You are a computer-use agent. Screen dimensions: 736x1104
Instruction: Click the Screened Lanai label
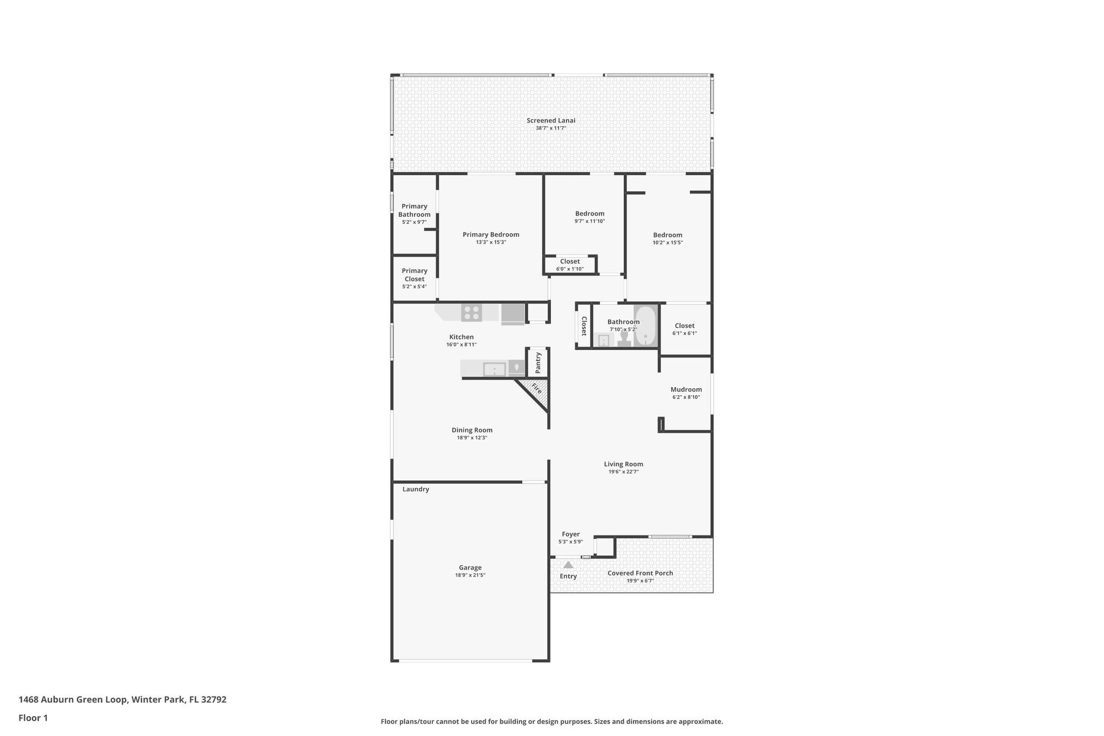click(550, 120)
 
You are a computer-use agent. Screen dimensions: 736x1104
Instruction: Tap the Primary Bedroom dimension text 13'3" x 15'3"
click(491, 243)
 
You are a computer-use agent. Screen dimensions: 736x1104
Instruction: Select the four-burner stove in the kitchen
click(472, 313)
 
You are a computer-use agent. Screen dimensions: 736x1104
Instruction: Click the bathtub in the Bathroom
click(645, 326)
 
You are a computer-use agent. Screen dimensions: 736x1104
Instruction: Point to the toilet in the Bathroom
click(624, 338)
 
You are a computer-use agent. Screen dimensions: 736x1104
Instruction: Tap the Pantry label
click(538, 363)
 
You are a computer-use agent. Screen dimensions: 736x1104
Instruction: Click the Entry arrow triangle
click(568, 565)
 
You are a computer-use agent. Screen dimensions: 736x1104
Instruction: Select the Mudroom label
click(686, 389)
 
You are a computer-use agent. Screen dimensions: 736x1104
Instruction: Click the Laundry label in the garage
click(416, 489)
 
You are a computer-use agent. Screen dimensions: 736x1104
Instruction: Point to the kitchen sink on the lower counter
click(494, 369)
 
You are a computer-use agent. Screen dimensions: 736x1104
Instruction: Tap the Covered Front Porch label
click(640, 573)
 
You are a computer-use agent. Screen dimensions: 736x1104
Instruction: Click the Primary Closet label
click(415, 275)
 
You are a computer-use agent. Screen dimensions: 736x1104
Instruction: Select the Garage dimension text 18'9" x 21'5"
click(470, 575)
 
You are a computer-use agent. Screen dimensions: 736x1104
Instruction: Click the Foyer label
click(570, 534)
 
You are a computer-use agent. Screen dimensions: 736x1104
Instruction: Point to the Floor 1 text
click(33, 718)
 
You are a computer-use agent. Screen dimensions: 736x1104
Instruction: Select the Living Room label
click(623, 464)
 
